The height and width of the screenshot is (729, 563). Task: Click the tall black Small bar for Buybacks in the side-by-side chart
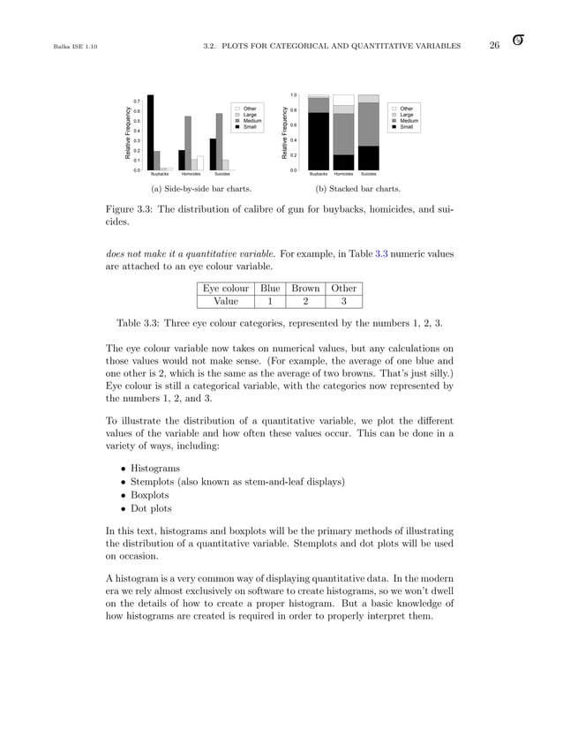pos(150,132)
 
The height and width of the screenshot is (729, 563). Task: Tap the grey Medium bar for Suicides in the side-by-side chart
pos(220,141)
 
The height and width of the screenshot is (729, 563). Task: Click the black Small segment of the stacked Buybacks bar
pos(319,141)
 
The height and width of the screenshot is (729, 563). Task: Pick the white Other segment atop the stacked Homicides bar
pos(343,100)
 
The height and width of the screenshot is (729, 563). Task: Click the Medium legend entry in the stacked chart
pos(406,121)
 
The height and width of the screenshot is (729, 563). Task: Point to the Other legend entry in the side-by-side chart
pos(249,109)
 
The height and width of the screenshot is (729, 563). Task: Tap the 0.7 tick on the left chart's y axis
pos(137,102)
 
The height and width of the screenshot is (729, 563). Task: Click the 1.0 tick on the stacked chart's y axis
pos(293,94)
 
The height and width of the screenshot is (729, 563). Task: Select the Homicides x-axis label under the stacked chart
pos(343,175)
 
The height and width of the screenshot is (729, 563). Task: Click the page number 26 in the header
pos(494,45)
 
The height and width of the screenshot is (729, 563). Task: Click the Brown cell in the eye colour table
pos(305,288)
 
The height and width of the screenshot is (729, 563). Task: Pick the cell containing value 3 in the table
pos(344,301)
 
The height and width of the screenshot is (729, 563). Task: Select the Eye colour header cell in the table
pos(226,288)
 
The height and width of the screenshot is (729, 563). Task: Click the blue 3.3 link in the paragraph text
pos(383,253)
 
